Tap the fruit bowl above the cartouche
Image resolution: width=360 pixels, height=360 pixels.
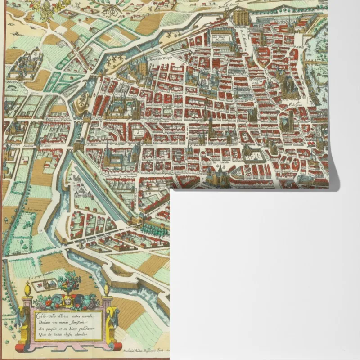point(69,282)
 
